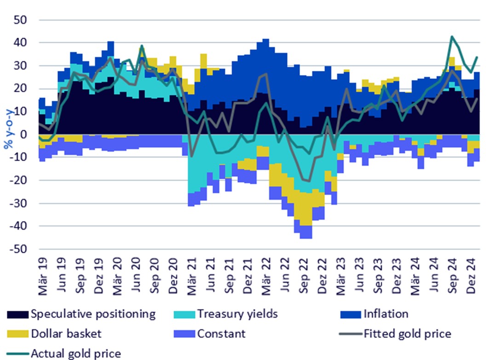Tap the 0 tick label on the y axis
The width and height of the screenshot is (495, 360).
point(25,134)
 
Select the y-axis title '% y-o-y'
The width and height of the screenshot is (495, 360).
point(8,134)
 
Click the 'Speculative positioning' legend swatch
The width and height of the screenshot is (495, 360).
point(17,314)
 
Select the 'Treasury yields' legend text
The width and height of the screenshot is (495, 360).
point(237,314)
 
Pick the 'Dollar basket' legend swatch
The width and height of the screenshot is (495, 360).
point(17,334)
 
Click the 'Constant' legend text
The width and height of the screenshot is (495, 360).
point(221,334)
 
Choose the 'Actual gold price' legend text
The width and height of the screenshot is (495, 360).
point(75,354)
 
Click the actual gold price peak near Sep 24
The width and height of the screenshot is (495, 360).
point(452,36)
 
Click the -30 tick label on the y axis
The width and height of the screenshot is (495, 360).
point(20,203)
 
